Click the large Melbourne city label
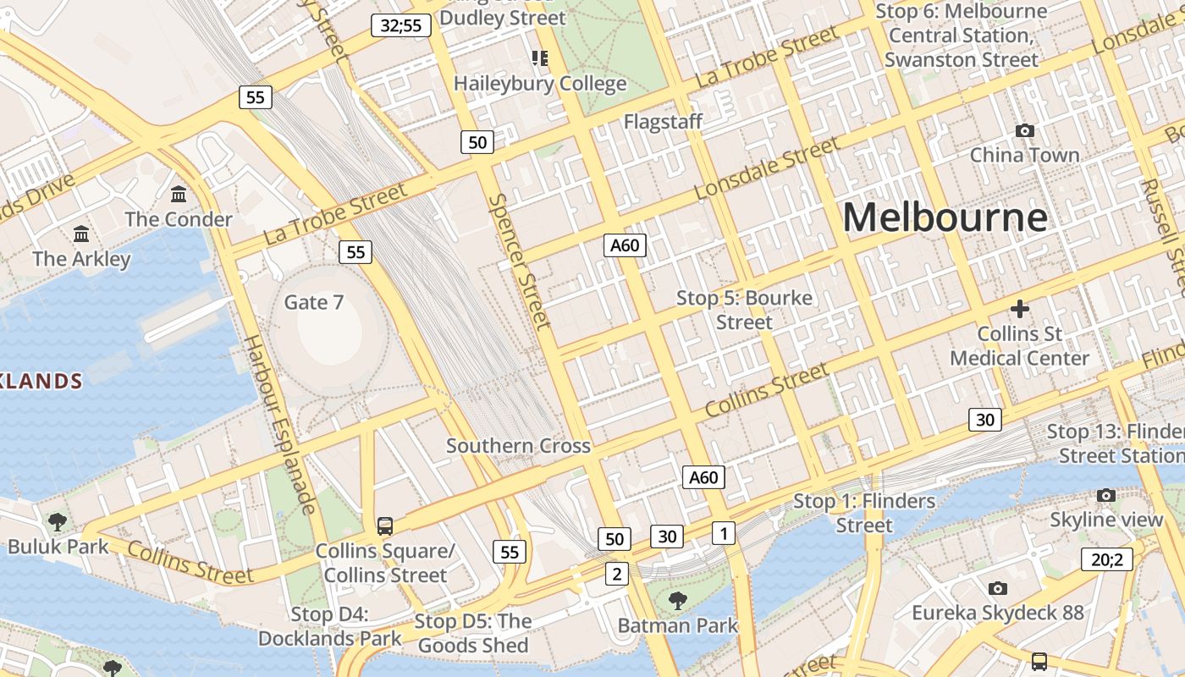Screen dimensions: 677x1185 pyautogui.click(x=945, y=217)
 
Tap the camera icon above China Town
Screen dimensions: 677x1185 pyautogui.click(x=1024, y=130)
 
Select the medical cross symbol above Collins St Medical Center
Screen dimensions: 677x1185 pyautogui.click(x=1019, y=309)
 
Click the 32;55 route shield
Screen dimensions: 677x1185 pyautogui.click(x=401, y=25)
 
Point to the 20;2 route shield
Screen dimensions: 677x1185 pyautogui.click(x=1106, y=559)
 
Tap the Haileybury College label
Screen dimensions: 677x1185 pyautogui.click(x=540, y=84)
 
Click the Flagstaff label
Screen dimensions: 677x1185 pyautogui.click(x=663, y=122)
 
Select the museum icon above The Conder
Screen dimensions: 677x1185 pyautogui.click(x=179, y=195)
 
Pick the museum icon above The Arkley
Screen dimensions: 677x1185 pyautogui.click(x=81, y=234)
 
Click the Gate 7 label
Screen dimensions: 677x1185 pyautogui.click(x=313, y=302)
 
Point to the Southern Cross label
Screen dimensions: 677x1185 pyautogui.click(x=518, y=446)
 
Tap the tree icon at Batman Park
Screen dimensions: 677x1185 pyautogui.click(x=677, y=601)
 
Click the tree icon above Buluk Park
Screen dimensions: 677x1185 pyautogui.click(x=58, y=521)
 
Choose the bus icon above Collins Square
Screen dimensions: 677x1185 pyautogui.click(x=385, y=526)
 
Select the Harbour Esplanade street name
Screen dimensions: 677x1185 pyautogui.click(x=279, y=424)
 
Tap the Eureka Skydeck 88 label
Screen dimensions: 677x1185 pyautogui.click(x=997, y=612)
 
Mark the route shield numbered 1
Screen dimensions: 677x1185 pyautogui.click(x=724, y=532)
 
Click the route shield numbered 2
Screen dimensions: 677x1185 pyautogui.click(x=616, y=574)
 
